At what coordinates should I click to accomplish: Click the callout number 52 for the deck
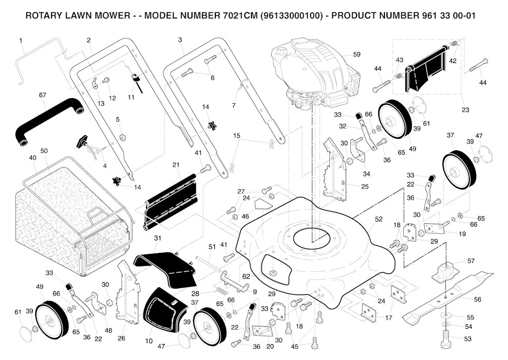click(x=379, y=219)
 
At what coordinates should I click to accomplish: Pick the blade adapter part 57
click(x=449, y=271)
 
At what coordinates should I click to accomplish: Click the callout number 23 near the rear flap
click(x=464, y=110)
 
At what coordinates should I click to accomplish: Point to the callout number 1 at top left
click(x=21, y=40)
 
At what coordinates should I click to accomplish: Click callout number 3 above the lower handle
click(x=180, y=40)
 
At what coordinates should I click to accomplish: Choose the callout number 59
click(x=357, y=54)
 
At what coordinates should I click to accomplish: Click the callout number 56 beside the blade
click(x=477, y=300)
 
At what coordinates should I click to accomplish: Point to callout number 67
click(x=42, y=94)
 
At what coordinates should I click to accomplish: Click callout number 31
click(x=158, y=239)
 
